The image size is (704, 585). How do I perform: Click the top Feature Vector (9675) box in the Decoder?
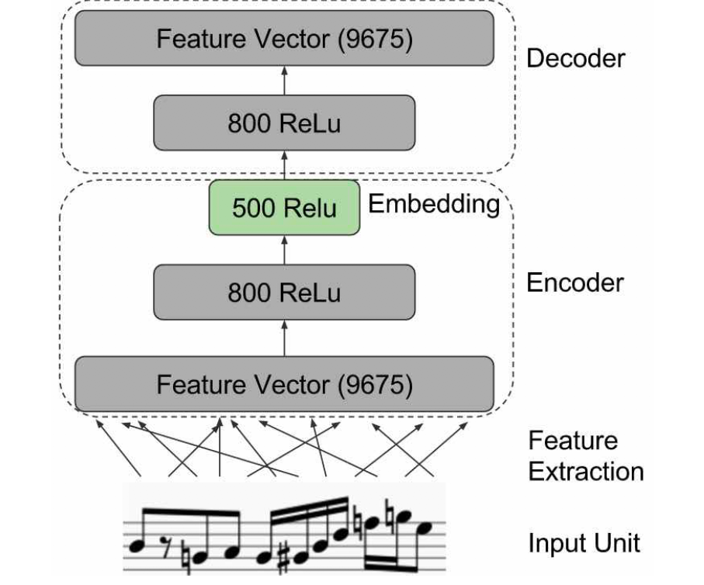(x=284, y=38)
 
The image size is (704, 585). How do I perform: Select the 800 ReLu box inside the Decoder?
(x=284, y=123)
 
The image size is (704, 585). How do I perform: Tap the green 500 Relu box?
(x=284, y=207)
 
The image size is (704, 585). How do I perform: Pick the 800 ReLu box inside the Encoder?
(x=284, y=292)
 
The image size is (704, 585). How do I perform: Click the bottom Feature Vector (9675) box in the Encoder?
(x=284, y=384)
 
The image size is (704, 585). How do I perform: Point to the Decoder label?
(x=576, y=58)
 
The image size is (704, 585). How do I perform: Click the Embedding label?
(x=434, y=204)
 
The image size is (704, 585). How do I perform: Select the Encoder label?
(x=575, y=282)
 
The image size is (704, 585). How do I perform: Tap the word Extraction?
(x=586, y=472)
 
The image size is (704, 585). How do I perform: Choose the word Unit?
(x=617, y=542)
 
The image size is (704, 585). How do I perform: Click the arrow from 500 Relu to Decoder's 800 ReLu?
(x=284, y=165)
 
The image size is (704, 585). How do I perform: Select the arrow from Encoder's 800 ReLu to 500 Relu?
(x=284, y=250)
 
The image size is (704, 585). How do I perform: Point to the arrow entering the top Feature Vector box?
(x=284, y=81)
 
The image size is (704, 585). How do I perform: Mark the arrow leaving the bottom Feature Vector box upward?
(x=284, y=338)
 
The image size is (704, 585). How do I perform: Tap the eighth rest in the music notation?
(x=165, y=546)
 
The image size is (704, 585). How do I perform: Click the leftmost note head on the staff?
(x=136, y=546)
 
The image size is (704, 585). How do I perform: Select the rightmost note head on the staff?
(x=424, y=528)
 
